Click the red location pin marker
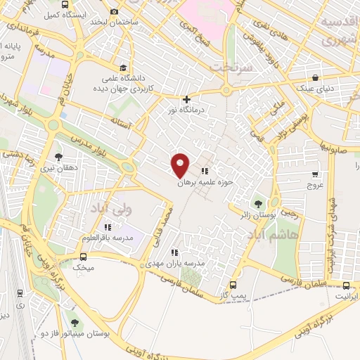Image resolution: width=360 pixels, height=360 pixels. pos(181,165)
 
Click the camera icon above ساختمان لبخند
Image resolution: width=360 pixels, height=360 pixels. pos(114,12)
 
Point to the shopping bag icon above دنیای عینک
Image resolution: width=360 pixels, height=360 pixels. pos(316,78)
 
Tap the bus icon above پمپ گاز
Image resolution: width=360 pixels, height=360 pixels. pos(233,285)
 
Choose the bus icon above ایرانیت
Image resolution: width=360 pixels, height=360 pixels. pos(347,285)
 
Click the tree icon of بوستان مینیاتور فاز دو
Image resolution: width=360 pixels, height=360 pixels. pos(75,323)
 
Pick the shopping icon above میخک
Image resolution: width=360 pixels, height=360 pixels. pos(82,256)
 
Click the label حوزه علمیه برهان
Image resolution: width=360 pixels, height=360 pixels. pos(204,181)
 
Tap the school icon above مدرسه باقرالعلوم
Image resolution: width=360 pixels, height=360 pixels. pos(107,227)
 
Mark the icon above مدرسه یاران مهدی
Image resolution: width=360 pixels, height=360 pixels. pos(174,252)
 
